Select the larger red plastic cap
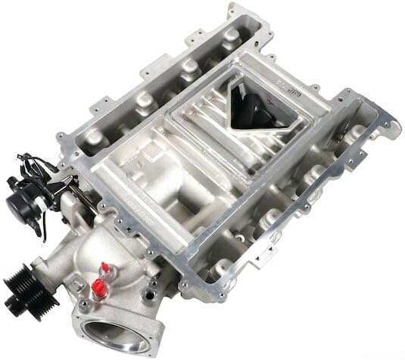tap(98, 286)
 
